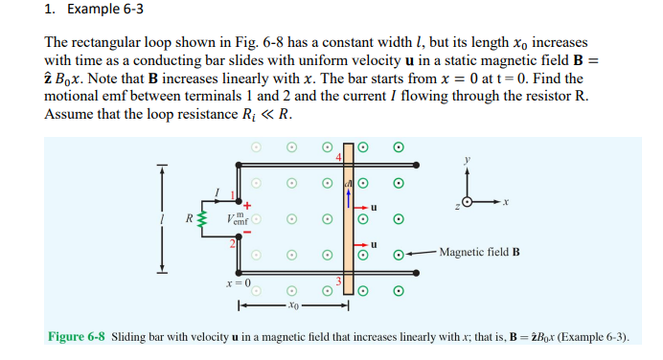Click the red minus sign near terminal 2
click(246, 232)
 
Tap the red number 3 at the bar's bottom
click(338, 281)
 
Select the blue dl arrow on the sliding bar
click(349, 194)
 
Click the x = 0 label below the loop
click(238, 283)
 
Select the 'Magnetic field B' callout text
click(479, 254)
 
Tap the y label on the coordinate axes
click(469, 160)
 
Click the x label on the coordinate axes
click(505, 203)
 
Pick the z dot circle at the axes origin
click(468, 203)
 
